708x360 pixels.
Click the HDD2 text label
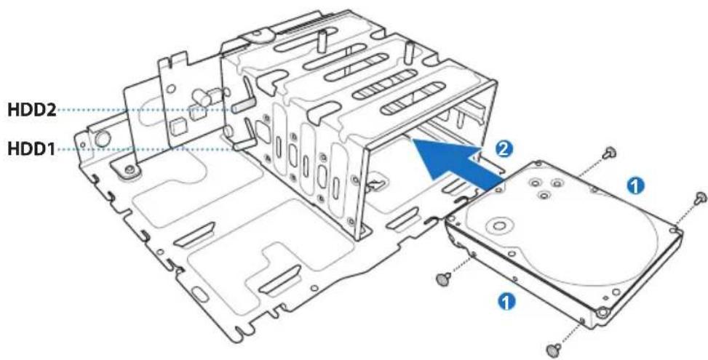[x=30, y=111]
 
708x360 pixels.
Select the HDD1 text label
[x=30, y=149]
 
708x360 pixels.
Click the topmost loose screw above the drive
[x=610, y=152]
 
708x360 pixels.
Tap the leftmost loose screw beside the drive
[x=442, y=277]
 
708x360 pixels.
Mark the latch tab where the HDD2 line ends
[x=244, y=106]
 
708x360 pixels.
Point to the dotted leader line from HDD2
[x=146, y=110]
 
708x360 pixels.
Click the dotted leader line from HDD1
[x=146, y=149]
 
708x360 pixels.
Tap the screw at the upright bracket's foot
[x=129, y=172]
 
